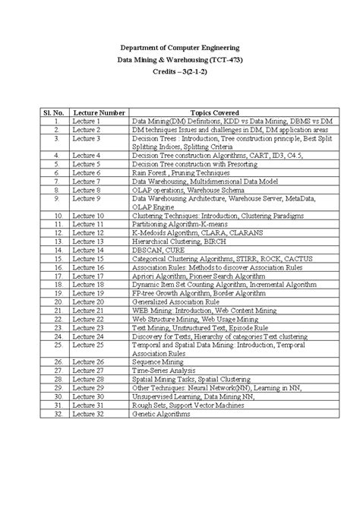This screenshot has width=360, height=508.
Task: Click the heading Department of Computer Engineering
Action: tap(179, 47)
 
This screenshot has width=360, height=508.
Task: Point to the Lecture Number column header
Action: tap(99, 112)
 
